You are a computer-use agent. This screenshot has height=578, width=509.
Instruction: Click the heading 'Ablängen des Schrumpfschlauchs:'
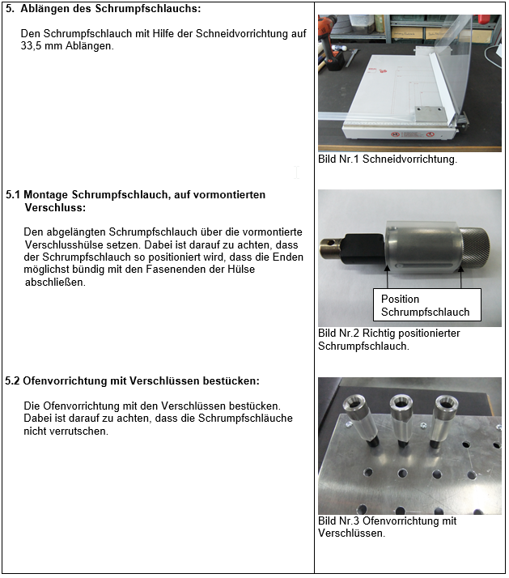click(110, 9)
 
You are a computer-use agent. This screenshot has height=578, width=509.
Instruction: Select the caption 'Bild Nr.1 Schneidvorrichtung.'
click(388, 159)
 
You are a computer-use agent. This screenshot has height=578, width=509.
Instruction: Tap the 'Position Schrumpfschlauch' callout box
click(425, 305)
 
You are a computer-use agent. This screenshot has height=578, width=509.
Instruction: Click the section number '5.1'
click(13, 195)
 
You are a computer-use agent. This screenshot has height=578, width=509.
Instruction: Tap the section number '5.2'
click(13, 380)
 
